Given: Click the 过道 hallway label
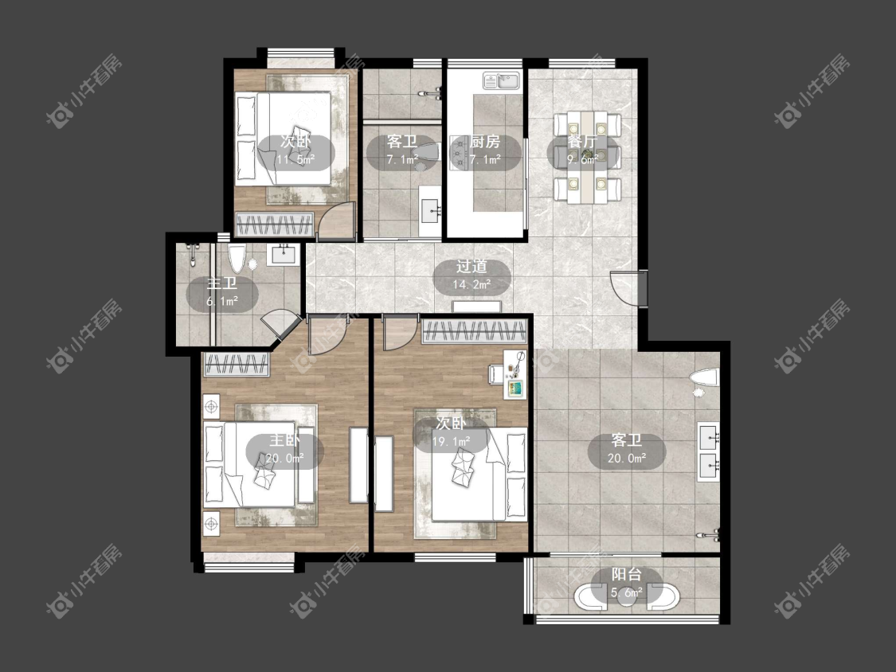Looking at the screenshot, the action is pos(471,266).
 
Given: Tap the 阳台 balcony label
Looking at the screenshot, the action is pos(627,574).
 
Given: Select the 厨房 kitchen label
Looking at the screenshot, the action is pos(485,142).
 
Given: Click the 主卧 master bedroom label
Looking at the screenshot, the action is pos(285,440).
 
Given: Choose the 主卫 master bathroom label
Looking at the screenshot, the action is pos(221,283).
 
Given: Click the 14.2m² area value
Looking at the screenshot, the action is pos(471,284).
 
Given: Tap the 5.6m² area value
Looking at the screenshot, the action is pos(627,592).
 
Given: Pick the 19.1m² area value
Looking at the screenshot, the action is pos(452,441).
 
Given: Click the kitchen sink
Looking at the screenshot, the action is pos(501,80).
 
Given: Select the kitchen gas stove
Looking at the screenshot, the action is pos(459,153).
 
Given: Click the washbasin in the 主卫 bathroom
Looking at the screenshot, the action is pos(284,254).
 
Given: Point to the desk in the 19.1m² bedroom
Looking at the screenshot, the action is pos(515,374).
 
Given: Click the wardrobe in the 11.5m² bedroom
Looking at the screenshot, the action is pos(276,224).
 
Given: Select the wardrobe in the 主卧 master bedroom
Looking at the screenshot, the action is pos(236,365).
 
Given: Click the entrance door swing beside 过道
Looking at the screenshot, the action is pos(627,288).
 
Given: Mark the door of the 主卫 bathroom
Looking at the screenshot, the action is pos(280,326).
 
